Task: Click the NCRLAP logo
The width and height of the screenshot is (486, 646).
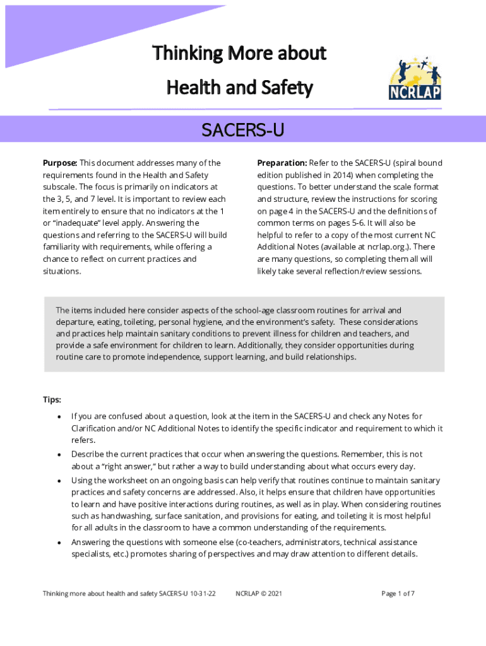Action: pos(415,78)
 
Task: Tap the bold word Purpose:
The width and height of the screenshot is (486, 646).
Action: pos(60,163)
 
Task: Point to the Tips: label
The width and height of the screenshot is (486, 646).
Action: pos(52,399)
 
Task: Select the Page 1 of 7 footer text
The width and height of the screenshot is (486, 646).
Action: pos(398,594)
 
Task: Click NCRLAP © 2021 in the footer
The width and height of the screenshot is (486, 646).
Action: pos(258,594)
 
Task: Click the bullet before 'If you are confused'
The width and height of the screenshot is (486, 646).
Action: pos(59,417)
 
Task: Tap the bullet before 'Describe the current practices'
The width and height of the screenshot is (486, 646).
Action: pos(59,454)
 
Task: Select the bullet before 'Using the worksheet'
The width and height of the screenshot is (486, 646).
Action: pos(59,481)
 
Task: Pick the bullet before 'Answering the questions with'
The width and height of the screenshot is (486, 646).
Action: pos(59,543)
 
